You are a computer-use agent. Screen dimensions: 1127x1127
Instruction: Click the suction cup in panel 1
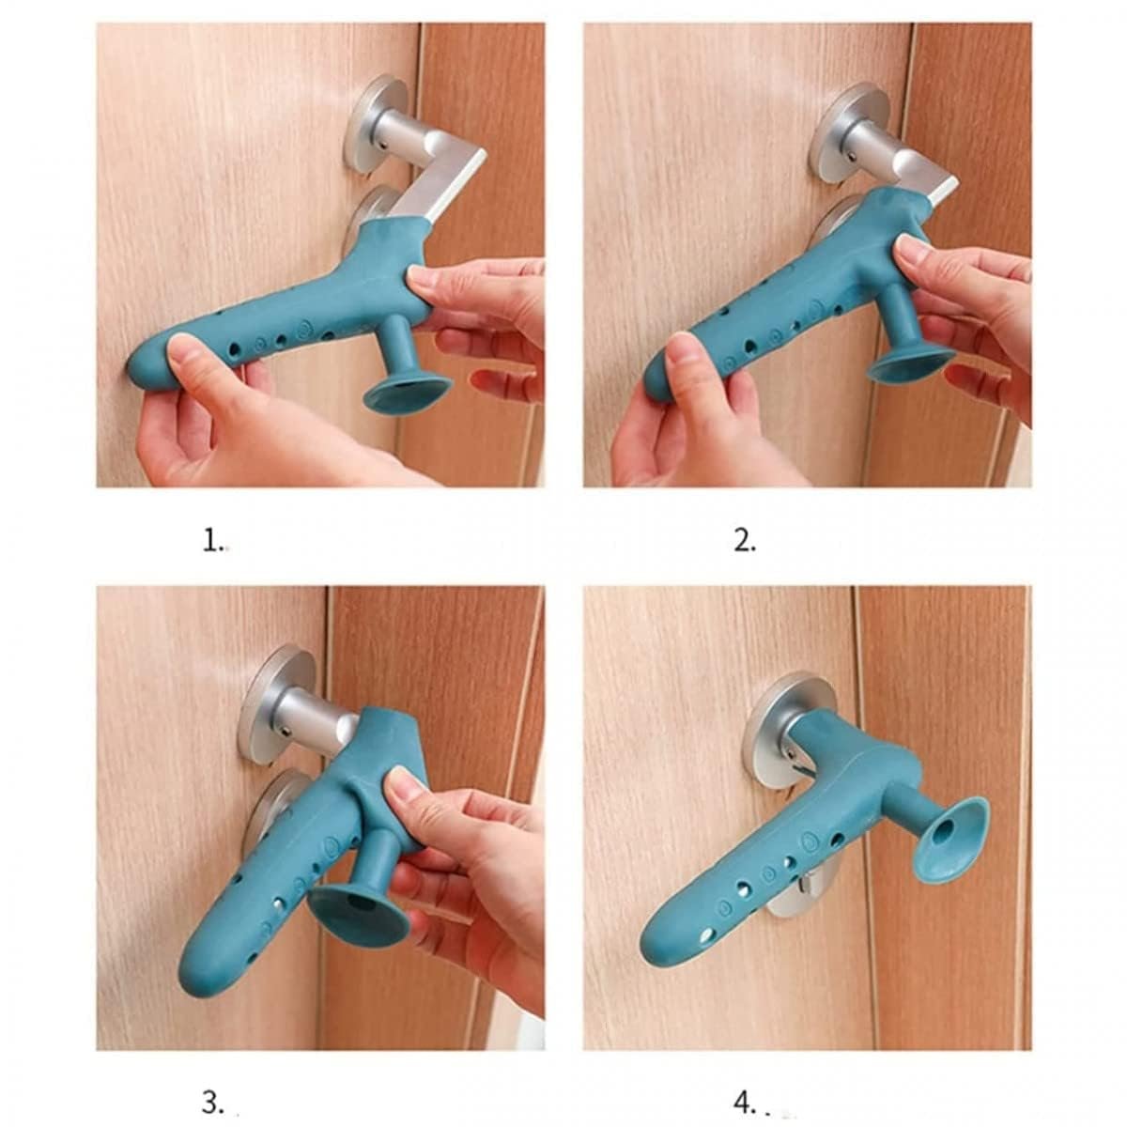pos(407,390)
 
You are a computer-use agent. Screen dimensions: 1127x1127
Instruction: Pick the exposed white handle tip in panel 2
pos(944,193)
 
